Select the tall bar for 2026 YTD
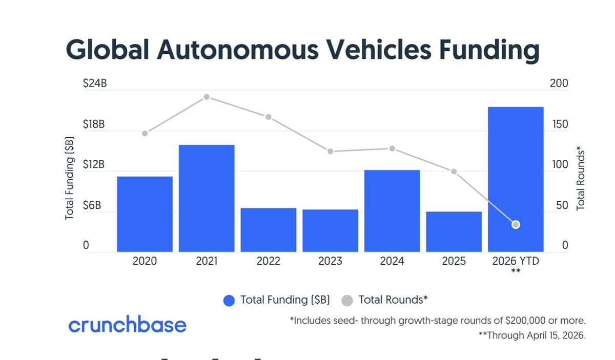516,179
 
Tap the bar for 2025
454,231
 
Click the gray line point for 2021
207,97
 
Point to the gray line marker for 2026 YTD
516,224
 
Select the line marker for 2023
330,151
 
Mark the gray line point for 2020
145,133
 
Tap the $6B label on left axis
92,205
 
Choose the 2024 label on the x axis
392,262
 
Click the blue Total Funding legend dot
230,301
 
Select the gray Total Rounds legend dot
347,301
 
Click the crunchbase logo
127,325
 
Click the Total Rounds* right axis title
580,178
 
